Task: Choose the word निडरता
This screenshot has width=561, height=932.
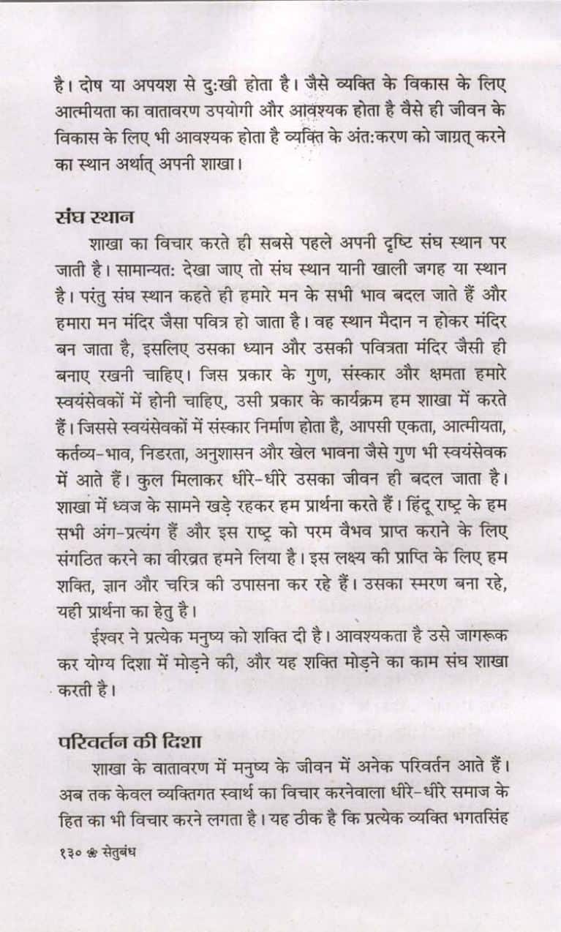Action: [161, 452]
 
